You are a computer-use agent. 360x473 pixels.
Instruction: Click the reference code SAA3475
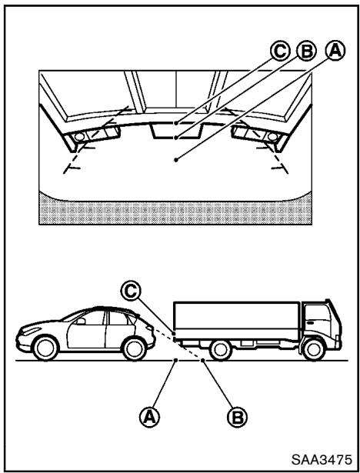pos(321,458)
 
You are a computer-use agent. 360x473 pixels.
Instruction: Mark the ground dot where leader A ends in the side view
pos(177,359)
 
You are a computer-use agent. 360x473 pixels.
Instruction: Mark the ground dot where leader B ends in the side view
pos(202,359)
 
